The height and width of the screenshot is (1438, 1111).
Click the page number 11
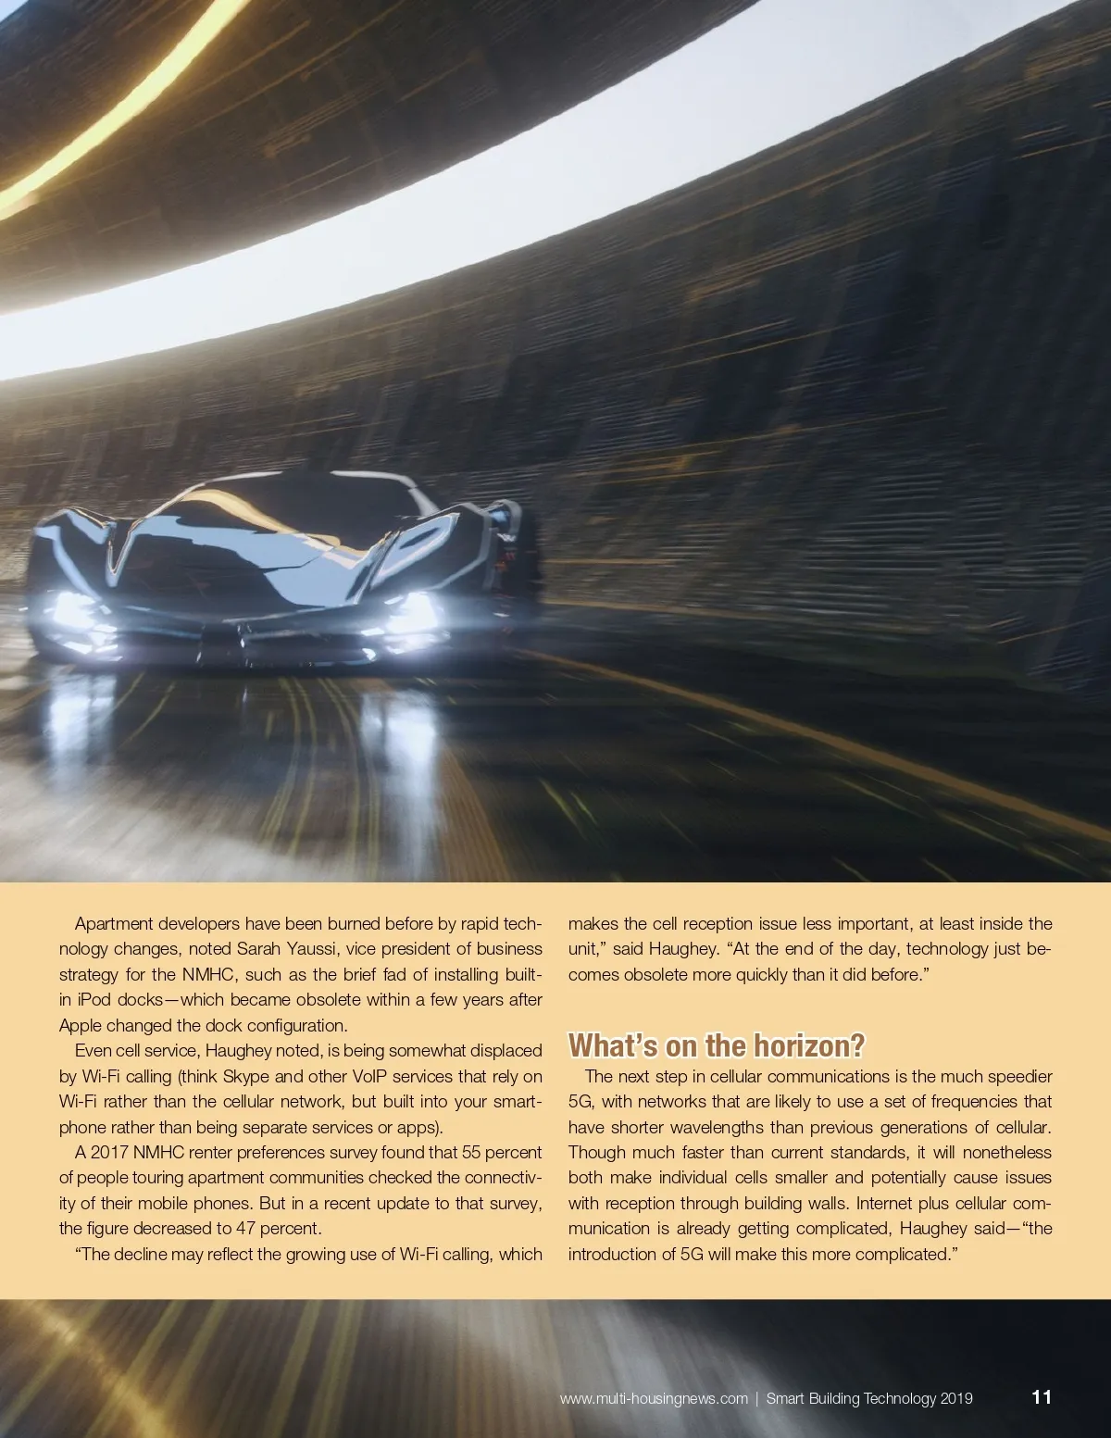[1042, 1396]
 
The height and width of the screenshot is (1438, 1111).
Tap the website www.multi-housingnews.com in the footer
[654, 1398]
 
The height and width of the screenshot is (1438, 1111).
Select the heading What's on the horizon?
[716, 1045]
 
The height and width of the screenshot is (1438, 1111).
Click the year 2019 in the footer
[956, 1398]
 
